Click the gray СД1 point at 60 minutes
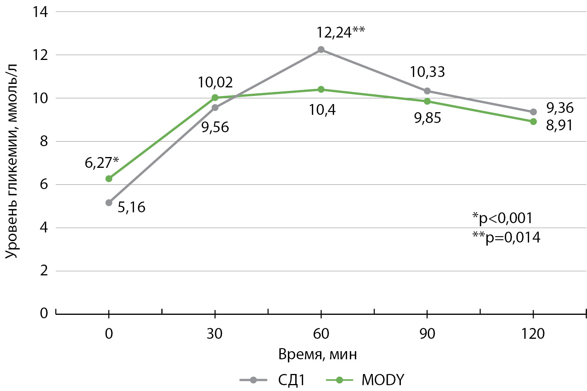tap(321, 50)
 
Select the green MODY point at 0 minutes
tap(109, 179)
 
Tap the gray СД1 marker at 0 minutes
tap(109, 203)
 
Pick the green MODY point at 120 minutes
tap(533, 121)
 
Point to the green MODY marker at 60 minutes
tap(321, 89)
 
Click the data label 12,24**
tap(341, 32)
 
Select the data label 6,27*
tap(102, 162)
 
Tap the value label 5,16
tap(132, 208)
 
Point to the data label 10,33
tap(428, 72)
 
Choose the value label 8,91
tap(559, 126)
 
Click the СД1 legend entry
tap(273, 380)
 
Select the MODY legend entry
tap(365, 380)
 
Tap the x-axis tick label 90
tap(427, 333)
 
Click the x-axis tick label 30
tap(215, 333)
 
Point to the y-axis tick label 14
tap(41, 12)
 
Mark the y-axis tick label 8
tap(44, 141)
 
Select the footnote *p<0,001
tap(502, 218)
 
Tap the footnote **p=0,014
tap(506, 237)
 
